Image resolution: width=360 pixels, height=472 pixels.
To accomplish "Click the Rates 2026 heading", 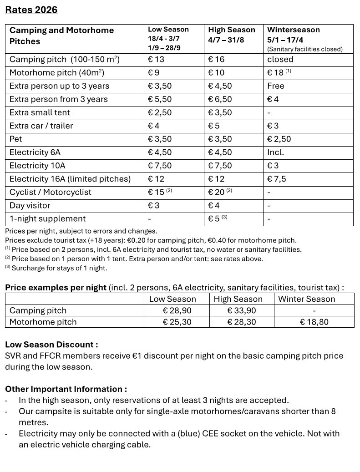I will pos(31,10).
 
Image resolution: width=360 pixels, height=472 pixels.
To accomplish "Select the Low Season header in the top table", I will pos(168,30).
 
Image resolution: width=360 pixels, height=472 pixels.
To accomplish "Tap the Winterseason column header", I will pos(293,30).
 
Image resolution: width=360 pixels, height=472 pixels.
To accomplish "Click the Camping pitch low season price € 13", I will pos(156,60).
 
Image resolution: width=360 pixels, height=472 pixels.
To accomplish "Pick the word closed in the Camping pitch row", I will pos(280,60).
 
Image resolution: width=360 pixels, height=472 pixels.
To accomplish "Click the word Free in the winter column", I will pos(276,86).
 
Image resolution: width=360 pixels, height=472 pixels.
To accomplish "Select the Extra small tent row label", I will pos(40,112).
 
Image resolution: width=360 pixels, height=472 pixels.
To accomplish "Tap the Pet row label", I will pos(15,139).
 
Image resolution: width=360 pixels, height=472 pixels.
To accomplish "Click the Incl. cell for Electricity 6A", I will pos(275,152).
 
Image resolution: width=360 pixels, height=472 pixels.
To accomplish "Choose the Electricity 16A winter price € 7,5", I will pos(277,179).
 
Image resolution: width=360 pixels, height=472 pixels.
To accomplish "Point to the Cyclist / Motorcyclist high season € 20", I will pos(217,192).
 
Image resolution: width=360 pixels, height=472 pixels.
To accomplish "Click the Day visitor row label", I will pos(30,205).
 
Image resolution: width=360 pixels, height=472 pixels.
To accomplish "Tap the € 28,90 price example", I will pos(177,310).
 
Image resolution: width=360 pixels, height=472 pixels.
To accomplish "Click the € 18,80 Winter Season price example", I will pos(314,322).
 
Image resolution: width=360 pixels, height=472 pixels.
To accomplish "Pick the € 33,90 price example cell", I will pos(241,310).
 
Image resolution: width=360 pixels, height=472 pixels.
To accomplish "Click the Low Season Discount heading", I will pos(51,345).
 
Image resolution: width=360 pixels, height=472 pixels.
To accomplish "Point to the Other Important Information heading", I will pos(66,389).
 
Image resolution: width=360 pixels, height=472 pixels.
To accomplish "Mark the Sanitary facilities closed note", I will pos(304,49).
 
